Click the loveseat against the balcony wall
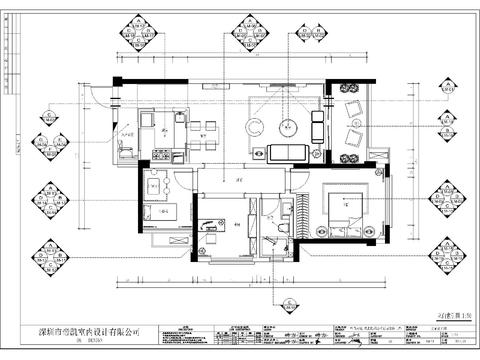pyautogui.click(x=318, y=126)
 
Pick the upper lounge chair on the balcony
pyautogui.click(x=353, y=109)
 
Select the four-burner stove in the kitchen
pyautogui.click(x=161, y=155)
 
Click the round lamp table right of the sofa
pyautogui.click(x=310, y=152)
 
